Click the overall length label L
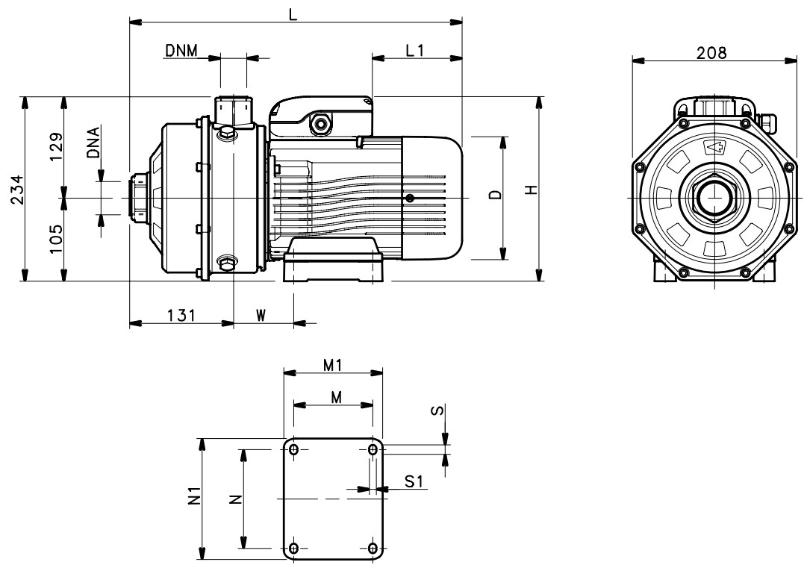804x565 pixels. pos(293,14)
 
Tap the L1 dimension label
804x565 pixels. pos(414,50)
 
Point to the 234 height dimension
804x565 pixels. pos(17,189)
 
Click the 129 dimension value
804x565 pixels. pos(56,147)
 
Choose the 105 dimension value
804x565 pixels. pos(56,239)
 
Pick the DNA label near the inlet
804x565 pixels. pos(94,142)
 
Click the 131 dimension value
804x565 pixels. pos(181,315)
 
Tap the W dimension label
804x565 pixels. pos(261,315)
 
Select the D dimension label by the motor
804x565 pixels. pos(495,194)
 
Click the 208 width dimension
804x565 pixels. pos(711,52)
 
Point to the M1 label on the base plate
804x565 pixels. pos(332,365)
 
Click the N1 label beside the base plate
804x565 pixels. pos(194,497)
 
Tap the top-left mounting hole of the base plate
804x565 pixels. pos(294,449)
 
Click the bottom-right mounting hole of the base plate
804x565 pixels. pos(373,548)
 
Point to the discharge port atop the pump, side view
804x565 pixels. pos(234,112)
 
